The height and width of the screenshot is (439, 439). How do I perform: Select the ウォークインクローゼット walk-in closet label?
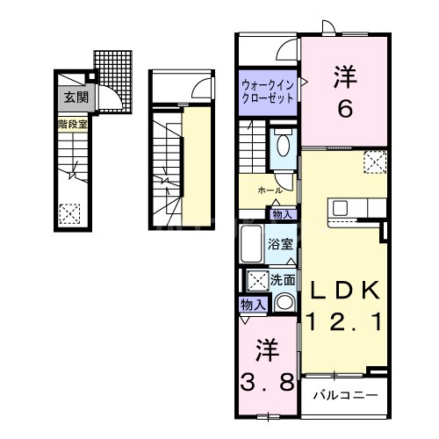tap(270, 90)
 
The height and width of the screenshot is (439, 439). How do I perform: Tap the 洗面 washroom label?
tap(283, 281)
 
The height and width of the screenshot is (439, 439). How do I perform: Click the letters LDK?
tap(342, 291)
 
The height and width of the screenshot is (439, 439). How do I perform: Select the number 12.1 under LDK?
tap(343, 322)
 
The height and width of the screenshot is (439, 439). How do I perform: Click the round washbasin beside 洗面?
tap(284, 303)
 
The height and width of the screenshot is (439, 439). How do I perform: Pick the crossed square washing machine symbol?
tap(258, 281)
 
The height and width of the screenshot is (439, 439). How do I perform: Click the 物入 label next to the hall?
tap(282, 213)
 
